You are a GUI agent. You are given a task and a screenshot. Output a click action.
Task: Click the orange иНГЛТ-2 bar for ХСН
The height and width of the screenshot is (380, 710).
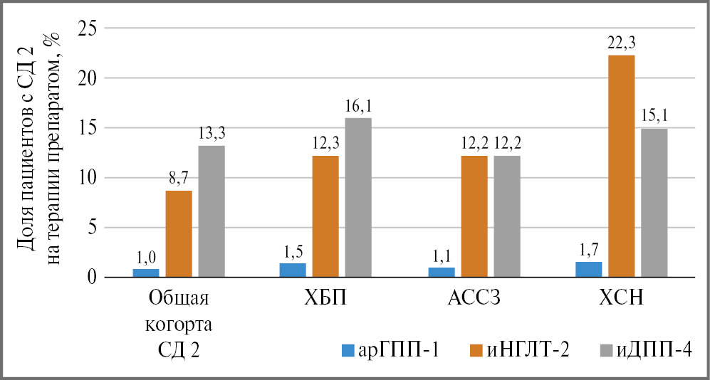pos(621,166)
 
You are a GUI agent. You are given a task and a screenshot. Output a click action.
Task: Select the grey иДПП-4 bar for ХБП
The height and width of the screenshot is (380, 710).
pos(358,197)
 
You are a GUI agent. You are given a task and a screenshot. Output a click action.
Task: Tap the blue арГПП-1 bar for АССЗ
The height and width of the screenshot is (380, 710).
pos(442,272)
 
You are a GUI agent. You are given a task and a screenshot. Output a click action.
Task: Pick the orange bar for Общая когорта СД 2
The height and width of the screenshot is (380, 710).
pos(179,233)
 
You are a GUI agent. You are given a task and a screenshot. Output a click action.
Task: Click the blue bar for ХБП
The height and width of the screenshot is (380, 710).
pos(293,270)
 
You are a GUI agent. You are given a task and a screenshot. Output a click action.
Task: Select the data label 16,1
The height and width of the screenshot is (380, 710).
pos(358,106)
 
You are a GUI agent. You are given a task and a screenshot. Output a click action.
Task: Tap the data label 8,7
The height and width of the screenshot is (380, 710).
pos(179,179)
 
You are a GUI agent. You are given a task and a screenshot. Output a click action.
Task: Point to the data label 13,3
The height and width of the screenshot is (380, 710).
pos(212,134)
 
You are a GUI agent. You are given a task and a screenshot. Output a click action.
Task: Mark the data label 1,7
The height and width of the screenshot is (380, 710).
pos(588,250)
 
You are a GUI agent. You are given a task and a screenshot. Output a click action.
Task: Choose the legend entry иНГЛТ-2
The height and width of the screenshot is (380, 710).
pos(521,350)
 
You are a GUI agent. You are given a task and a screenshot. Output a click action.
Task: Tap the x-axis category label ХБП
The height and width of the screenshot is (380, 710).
pos(325,298)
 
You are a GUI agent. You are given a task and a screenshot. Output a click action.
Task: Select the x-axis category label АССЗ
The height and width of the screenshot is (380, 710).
pos(474,298)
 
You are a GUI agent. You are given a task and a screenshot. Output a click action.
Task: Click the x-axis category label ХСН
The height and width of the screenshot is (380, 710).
pos(621,298)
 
